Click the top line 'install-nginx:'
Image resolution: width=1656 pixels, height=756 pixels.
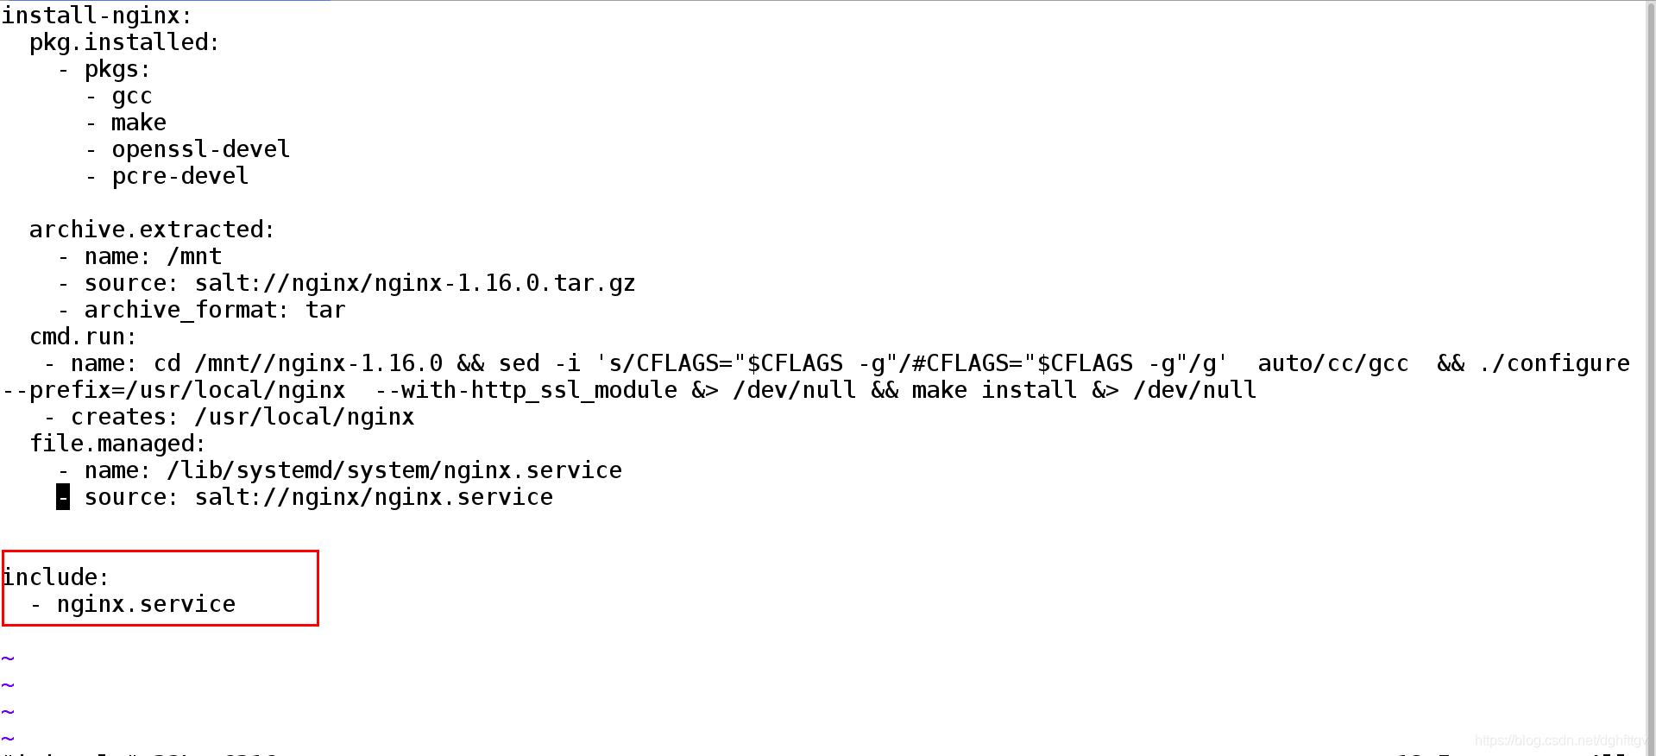coord(96,16)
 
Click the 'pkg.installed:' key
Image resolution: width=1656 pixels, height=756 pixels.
coord(124,42)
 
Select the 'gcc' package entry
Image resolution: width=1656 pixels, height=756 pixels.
coord(132,96)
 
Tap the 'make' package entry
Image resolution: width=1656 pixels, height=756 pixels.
coord(138,123)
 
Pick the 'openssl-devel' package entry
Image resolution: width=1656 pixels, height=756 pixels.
coord(200,149)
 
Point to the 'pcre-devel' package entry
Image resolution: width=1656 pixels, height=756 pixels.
coord(179,176)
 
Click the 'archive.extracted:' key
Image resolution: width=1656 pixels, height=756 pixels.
coord(151,230)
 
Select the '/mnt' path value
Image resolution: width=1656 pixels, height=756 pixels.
coord(194,256)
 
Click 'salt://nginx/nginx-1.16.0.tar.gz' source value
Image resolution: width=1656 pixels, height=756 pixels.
coord(414,283)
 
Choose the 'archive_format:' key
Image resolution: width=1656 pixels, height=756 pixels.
coord(186,310)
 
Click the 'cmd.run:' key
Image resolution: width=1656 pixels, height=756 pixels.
coord(83,337)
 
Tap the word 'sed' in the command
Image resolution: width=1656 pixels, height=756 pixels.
coord(519,363)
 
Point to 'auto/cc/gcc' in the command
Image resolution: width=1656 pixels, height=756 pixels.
coord(1332,363)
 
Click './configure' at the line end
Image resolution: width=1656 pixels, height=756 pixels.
coord(1554,363)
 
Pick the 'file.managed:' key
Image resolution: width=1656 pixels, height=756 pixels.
coord(117,444)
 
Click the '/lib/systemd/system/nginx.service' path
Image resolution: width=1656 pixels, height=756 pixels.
coord(394,470)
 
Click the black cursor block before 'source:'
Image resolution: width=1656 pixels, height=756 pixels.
coord(63,497)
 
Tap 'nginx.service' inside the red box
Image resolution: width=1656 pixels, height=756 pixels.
coord(146,604)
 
